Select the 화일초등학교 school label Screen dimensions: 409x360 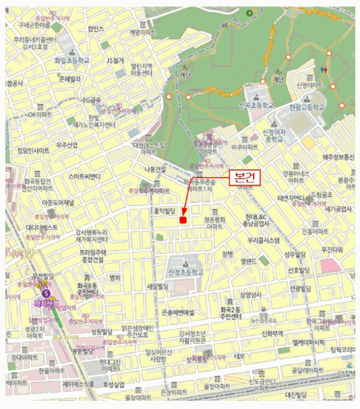point(71,60)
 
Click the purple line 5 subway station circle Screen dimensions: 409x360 point(46,294)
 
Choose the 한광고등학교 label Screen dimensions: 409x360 point(306,108)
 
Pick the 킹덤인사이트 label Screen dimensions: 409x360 point(34,151)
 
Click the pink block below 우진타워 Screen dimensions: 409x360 point(331,265)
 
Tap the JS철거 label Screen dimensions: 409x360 point(115,60)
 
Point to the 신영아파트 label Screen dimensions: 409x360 point(310,85)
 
